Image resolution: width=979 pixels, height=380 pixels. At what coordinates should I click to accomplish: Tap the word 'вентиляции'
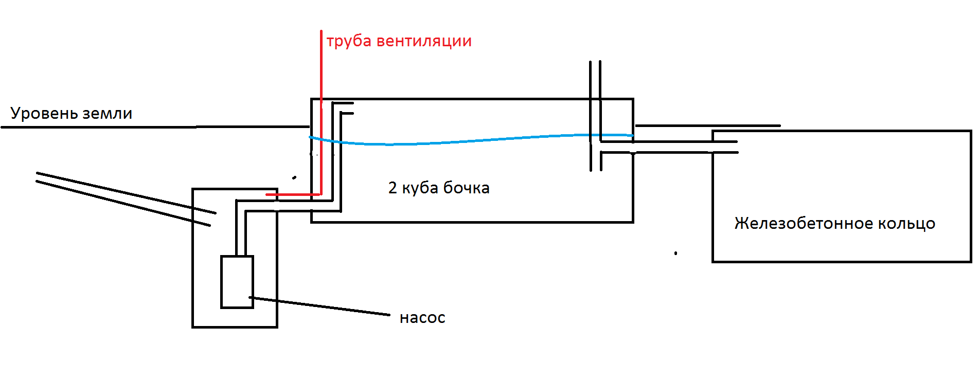coord(424,41)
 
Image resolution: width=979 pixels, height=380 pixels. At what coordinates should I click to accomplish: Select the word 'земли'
coord(108,114)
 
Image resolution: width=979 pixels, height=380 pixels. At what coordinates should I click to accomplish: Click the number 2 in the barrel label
coord(393,188)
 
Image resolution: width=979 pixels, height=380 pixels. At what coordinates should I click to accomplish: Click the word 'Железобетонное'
coord(803,223)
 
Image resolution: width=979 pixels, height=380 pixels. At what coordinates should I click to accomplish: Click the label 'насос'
coord(422,318)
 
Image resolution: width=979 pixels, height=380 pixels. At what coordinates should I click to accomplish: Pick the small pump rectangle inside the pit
coord(237,282)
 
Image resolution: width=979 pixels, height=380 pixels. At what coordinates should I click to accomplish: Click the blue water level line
coord(471,140)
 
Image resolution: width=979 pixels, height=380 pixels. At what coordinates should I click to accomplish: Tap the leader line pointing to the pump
coord(319,306)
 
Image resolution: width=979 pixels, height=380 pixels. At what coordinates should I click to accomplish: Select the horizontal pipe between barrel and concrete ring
coord(669,147)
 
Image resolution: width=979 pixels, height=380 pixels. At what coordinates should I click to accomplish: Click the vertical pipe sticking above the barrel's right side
coord(595,116)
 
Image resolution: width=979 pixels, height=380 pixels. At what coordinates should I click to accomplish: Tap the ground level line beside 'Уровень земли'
coord(154,126)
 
